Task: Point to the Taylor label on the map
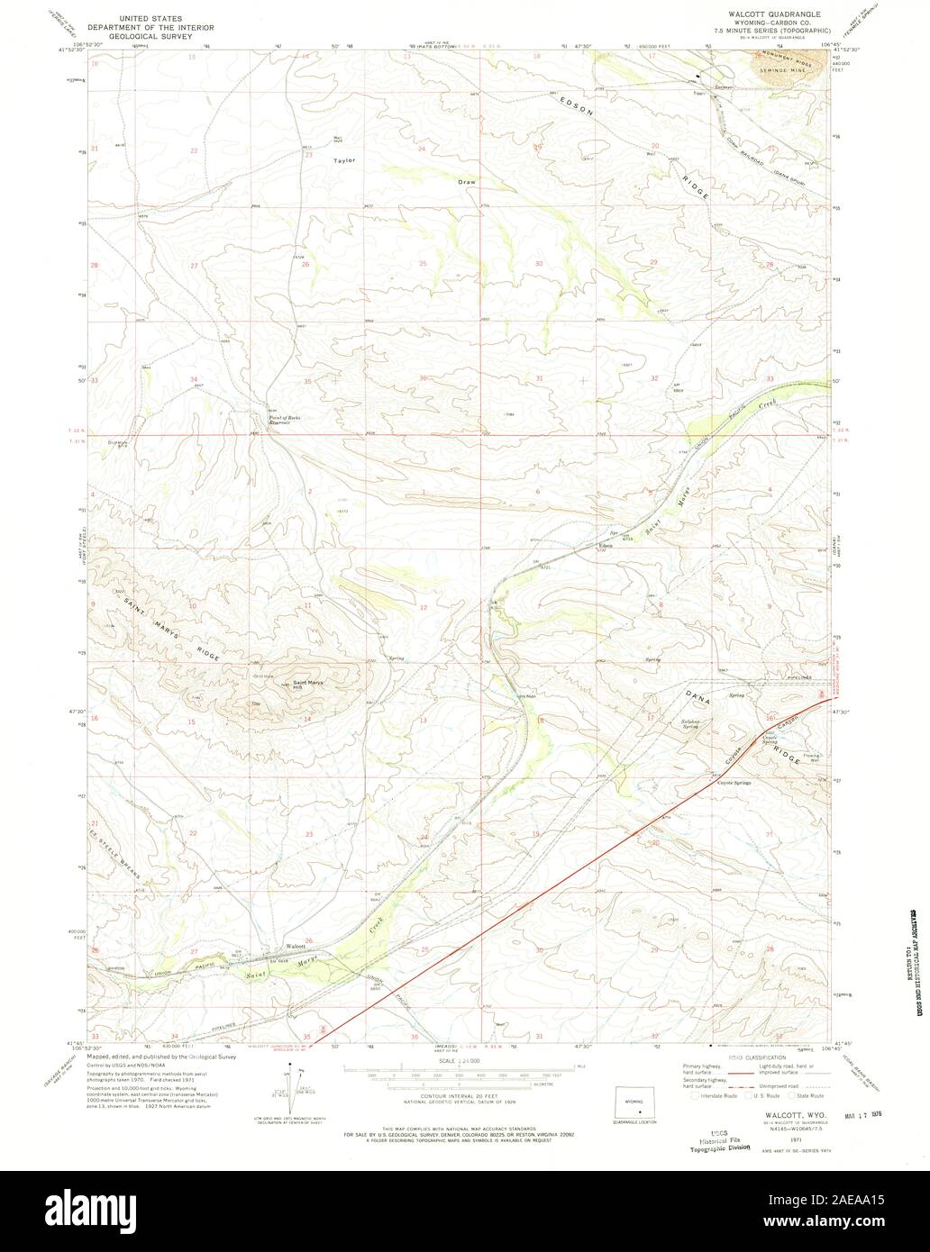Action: pos(344,160)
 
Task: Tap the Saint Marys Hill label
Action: pos(307,684)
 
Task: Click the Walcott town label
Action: pos(296,947)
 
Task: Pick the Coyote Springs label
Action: pos(734,783)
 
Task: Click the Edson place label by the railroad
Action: pos(606,546)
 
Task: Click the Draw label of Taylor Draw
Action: pos(466,182)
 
